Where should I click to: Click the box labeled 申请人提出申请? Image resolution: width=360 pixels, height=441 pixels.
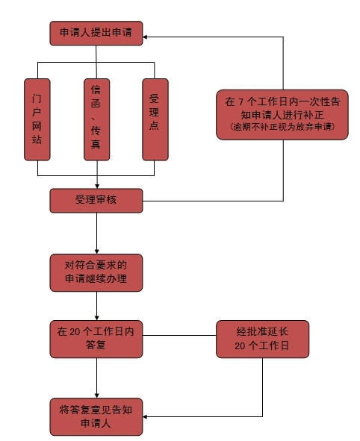click(x=96, y=33)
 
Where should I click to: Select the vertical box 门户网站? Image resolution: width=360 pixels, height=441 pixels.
click(x=37, y=119)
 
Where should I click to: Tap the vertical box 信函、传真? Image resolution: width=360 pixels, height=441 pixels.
click(x=97, y=119)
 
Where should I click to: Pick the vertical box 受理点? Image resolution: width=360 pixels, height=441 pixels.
click(x=155, y=119)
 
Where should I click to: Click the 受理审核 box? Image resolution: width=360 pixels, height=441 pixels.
click(x=96, y=201)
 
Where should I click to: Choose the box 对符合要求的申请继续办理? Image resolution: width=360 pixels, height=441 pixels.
click(x=96, y=272)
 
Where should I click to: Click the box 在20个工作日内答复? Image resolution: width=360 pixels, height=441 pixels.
click(x=96, y=339)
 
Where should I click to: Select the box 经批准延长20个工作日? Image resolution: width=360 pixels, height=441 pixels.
click(x=262, y=339)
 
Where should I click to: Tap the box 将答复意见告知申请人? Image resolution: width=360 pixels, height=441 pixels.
click(x=96, y=417)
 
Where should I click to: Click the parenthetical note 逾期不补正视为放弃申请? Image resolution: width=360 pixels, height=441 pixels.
click(x=282, y=127)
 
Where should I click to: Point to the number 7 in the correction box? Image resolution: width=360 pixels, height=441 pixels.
click(x=240, y=101)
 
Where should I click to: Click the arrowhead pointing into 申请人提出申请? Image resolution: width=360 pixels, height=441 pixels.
click(x=145, y=37)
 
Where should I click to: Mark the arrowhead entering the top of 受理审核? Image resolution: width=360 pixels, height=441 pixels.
click(x=97, y=187)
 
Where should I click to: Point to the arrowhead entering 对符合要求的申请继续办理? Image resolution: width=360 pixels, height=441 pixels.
click(x=97, y=251)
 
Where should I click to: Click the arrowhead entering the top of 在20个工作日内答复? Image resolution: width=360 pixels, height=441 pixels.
click(x=97, y=318)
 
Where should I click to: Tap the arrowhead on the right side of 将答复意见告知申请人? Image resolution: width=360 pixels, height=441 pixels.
click(x=145, y=416)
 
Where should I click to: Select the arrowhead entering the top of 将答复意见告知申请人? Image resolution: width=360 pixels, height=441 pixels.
click(x=97, y=395)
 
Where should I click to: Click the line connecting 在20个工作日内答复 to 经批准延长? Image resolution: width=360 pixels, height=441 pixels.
click(x=179, y=335)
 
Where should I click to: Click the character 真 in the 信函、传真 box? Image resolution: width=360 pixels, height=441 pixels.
click(x=96, y=144)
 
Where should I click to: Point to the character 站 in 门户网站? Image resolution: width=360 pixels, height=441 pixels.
click(x=37, y=140)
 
